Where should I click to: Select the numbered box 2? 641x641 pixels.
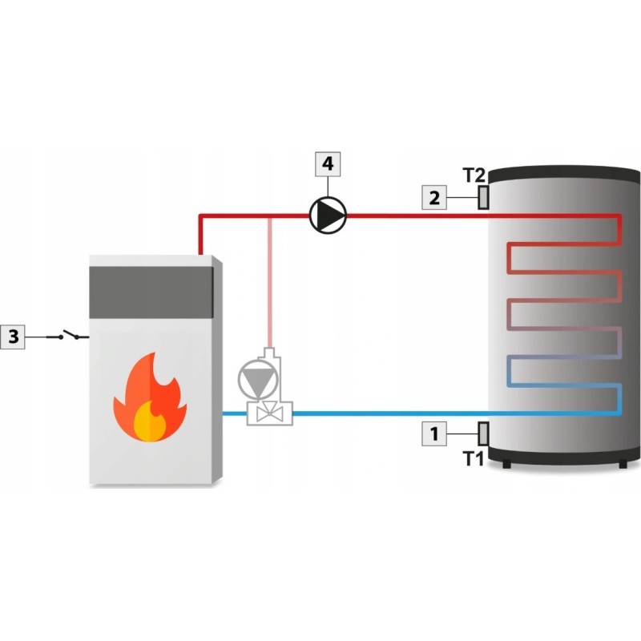435,197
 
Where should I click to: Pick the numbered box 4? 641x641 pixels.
327,164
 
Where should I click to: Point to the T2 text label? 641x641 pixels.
474,175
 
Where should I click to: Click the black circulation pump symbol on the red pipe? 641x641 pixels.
328,215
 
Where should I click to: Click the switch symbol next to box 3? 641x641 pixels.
67,336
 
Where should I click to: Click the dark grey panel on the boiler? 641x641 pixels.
150,288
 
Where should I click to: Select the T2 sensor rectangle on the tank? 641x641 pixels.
483,197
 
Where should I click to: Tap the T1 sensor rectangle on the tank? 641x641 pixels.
483,433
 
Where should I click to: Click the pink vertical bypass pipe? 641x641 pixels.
272,280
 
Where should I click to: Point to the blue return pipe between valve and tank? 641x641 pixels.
385,413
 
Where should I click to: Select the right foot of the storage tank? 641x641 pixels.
623,464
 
